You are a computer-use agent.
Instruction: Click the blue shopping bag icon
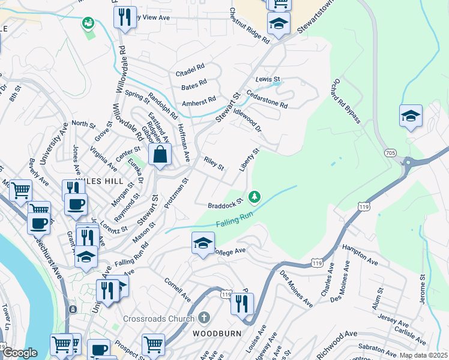(x=160, y=155)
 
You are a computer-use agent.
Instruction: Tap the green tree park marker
(x=255, y=196)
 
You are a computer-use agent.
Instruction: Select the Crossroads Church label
(x=159, y=319)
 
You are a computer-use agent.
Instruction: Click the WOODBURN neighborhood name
(x=217, y=332)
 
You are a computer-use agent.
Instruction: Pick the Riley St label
(x=213, y=163)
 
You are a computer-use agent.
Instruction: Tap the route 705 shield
(x=391, y=154)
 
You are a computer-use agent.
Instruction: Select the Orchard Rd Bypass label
(x=345, y=100)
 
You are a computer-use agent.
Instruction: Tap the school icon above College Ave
(x=203, y=243)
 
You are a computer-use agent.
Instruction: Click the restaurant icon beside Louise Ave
(x=242, y=304)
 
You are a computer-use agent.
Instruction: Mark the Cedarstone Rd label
(x=267, y=100)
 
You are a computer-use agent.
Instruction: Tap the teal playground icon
(x=88, y=23)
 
